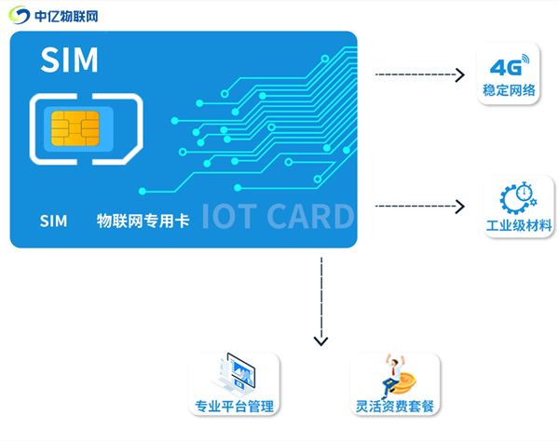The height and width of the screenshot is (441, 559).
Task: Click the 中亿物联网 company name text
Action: [x=66, y=17]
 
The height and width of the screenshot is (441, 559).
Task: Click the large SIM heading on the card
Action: [x=69, y=60]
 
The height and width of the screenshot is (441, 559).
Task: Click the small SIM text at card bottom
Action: [x=53, y=220]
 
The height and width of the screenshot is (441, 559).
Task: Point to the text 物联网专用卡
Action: [x=143, y=220]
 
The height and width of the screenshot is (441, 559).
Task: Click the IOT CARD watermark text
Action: [x=278, y=216]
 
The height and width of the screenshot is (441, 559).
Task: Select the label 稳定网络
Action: [x=509, y=90]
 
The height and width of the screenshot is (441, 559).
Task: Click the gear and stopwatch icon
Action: [x=517, y=197]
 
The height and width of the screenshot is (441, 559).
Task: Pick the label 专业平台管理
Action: [x=234, y=407]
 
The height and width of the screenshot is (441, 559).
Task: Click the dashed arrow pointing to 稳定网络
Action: [x=418, y=73]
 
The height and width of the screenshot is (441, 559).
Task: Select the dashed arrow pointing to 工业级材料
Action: [x=418, y=206]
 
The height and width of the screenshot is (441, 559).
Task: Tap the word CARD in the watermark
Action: [x=311, y=216]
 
